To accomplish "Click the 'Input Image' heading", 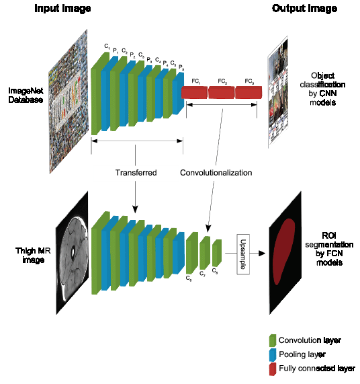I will click(x=62, y=9).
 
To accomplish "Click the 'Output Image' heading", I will click(x=304, y=9).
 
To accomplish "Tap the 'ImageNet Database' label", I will click(x=26, y=95).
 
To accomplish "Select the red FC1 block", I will click(x=195, y=92).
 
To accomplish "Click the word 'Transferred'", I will click(x=136, y=173).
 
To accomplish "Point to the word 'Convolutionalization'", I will click(x=216, y=173).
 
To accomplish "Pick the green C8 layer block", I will click(x=217, y=253).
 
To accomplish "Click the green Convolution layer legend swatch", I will click(x=272, y=340).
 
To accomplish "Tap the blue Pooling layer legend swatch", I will click(x=272, y=354).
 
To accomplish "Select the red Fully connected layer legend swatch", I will click(x=272, y=369).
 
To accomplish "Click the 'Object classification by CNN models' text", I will click(x=327, y=89).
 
